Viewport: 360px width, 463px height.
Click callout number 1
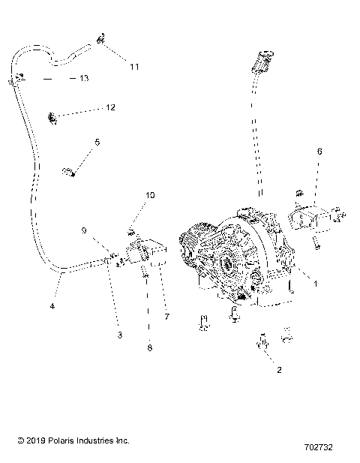[x=316, y=284]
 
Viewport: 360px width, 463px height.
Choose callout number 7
[x=166, y=317]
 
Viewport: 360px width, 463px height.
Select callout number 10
[x=151, y=194]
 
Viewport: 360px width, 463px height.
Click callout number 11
[x=133, y=67]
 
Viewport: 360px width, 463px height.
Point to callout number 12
[x=109, y=107]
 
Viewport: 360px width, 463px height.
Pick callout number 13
[x=84, y=78]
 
